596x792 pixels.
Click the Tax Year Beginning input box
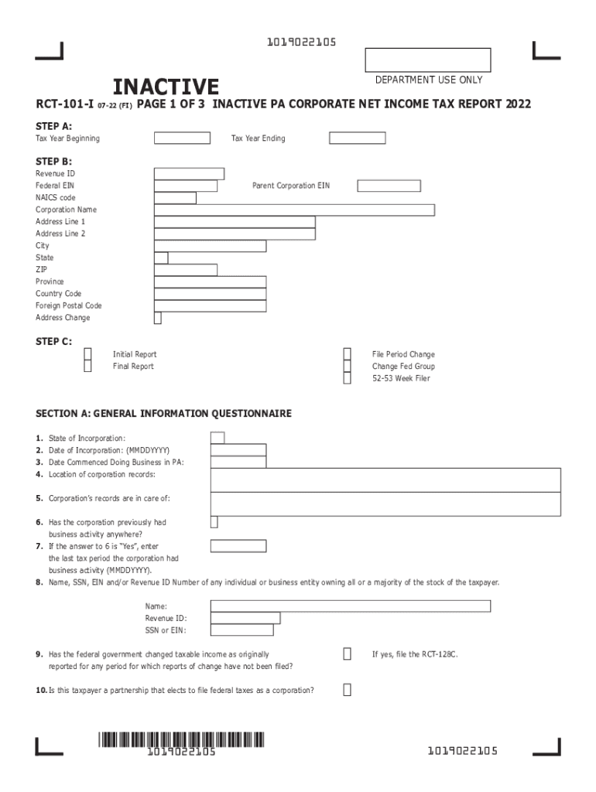pos(182,138)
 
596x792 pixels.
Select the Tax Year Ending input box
pos(357,138)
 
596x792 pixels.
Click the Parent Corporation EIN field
pos(389,186)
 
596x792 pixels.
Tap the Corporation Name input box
pos(294,210)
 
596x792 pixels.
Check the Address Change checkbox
pos(158,318)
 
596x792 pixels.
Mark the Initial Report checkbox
pos(87,354)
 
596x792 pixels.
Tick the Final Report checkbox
pos(87,367)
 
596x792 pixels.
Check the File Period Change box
pos(348,354)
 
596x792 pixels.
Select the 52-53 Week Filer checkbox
pos(348,378)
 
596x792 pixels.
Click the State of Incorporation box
pos(218,438)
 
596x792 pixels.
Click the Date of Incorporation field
pos(238,450)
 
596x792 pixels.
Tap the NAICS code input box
pos(175,198)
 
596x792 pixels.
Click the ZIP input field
pos(186,269)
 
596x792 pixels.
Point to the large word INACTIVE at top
pos(166,87)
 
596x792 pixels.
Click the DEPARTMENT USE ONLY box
pos(427,60)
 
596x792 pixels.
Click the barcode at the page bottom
pos(181,739)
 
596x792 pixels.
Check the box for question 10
pos(347,690)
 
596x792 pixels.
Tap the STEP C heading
pos(53,341)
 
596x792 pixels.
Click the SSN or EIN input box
pos(241,630)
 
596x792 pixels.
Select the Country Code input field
pos(211,294)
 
